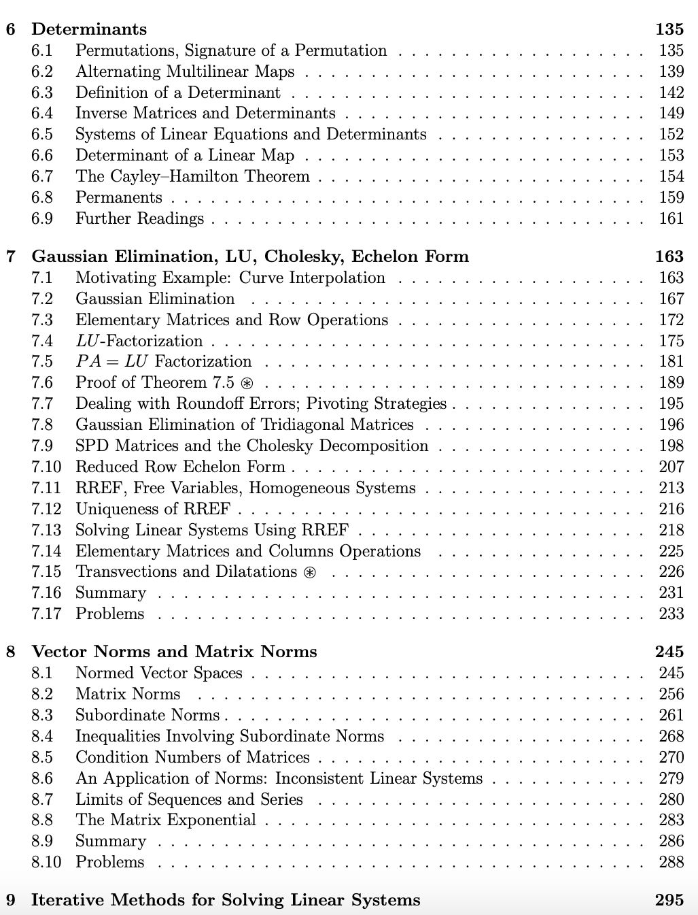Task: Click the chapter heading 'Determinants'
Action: coord(89,29)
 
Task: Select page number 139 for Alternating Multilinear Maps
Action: coord(671,71)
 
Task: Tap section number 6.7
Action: coord(42,177)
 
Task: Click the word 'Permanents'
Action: coord(119,198)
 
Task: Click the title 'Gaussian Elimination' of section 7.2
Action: coord(155,299)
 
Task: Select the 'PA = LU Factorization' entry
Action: coord(163,361)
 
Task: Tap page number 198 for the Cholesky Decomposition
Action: coord(671,446)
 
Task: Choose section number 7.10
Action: coord(46,467)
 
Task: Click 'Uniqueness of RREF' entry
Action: coord(153,509)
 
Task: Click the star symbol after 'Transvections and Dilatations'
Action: coord(310,572)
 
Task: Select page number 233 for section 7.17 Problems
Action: coord(671,614)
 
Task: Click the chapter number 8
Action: coord(11,652)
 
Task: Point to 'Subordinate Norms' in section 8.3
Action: coord(147,715)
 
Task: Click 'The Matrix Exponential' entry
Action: coord(166,820)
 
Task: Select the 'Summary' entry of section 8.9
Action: coord(111,841)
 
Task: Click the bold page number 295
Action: coord(669,900)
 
